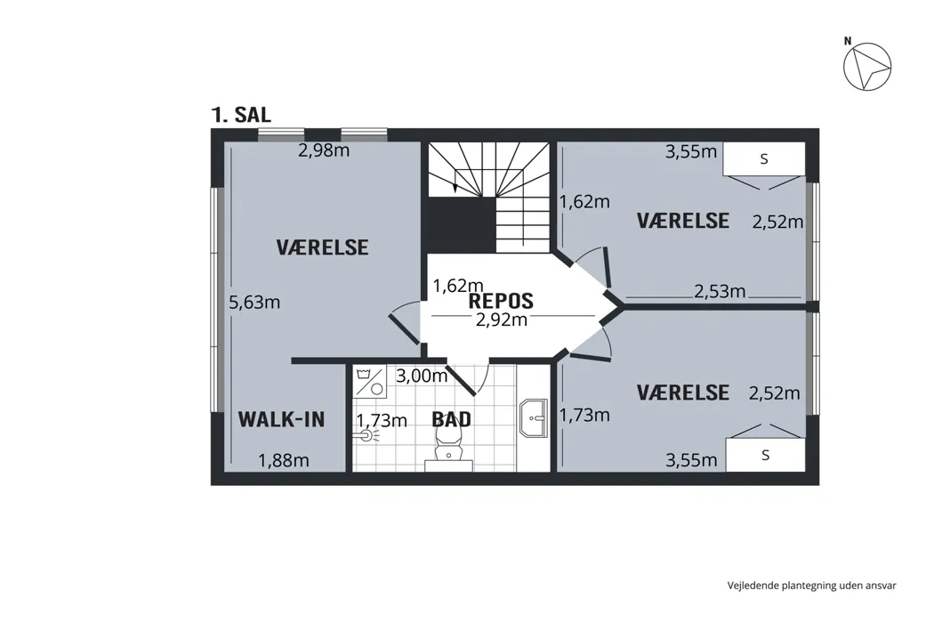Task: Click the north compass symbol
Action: coord(866,66)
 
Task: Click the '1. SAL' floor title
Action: coord(241,115)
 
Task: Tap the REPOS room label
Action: coord(501,301)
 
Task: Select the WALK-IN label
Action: coord(281,420)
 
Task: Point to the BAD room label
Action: coord(452,420)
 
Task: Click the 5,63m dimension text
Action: coord(254,303)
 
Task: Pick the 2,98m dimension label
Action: coord(324,150)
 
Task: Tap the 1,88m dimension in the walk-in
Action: coord(283,460)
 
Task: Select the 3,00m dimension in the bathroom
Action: coord(422,376)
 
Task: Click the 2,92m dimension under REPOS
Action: coord(502,320)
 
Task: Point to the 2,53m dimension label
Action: coord(720,292)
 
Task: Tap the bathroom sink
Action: coord(533,418)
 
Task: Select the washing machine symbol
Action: coord(370,382)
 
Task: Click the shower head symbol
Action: coord(366,435)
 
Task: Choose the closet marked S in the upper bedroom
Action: coord(764,159)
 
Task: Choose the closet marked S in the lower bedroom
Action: coord(765,455)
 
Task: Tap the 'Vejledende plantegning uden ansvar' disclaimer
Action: coord(811,586)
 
